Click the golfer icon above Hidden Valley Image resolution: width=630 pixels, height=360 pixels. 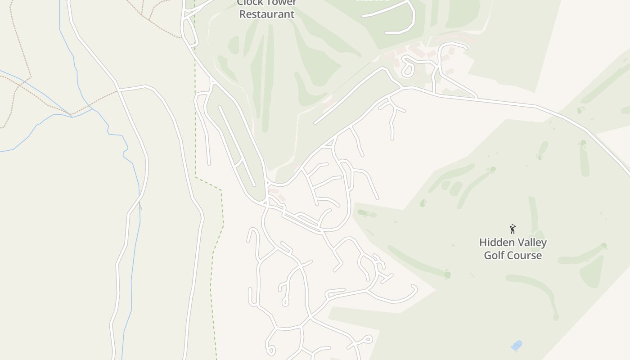coord(513,229)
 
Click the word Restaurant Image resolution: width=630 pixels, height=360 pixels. coord(267,14)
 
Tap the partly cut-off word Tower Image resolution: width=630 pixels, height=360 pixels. coord(280,3)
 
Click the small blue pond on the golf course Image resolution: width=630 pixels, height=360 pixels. coord(517,345)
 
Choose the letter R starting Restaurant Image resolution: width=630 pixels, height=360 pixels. coord(242,14)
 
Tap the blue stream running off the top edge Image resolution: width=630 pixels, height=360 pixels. coord(60,18)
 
